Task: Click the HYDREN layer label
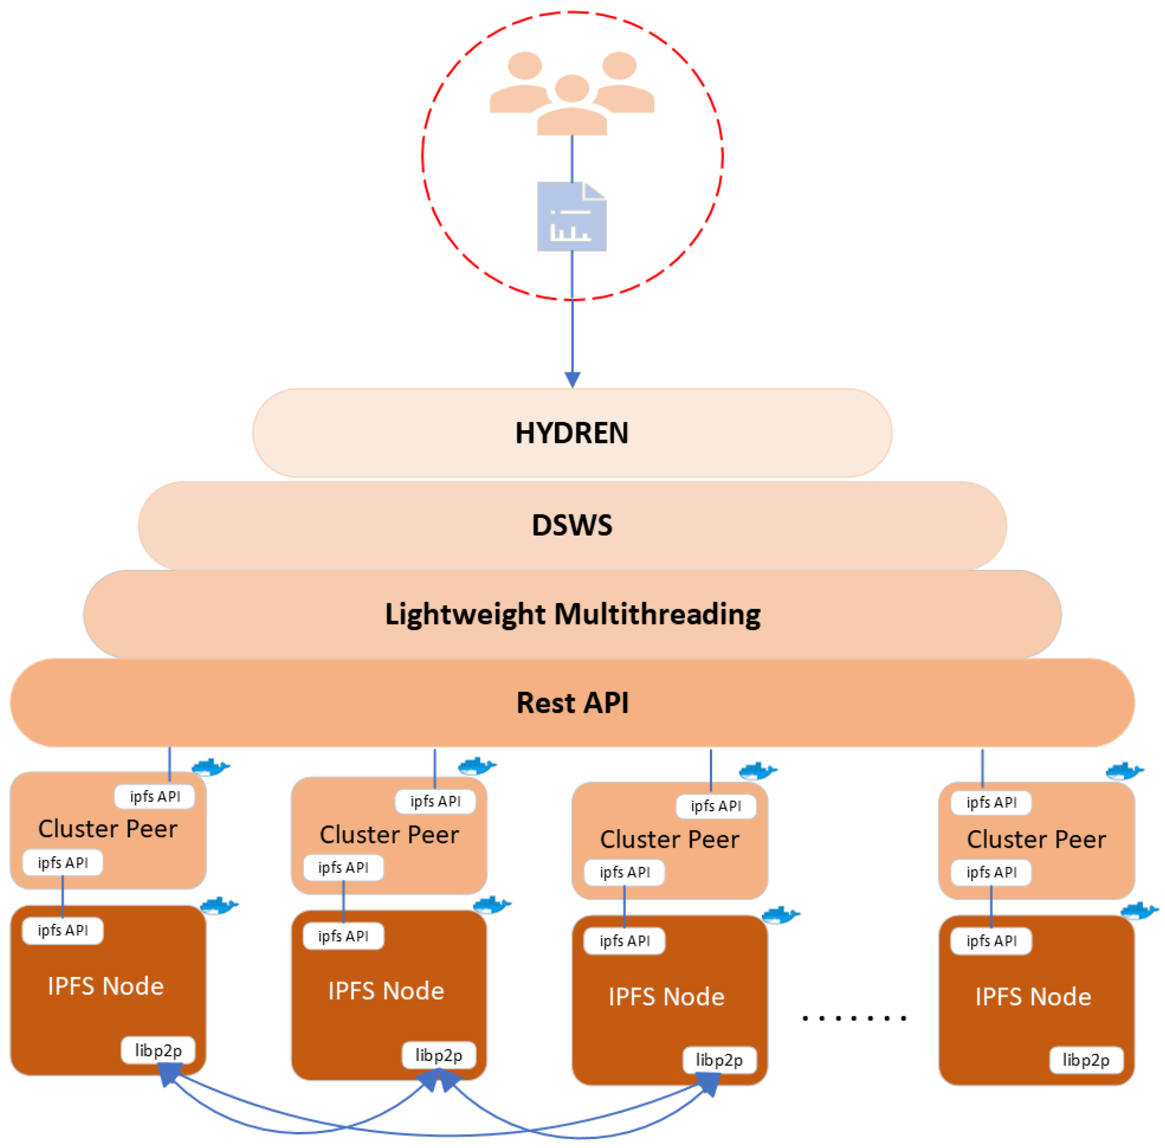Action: click(x=571, y=433)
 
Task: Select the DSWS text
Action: click(x=571, y=525)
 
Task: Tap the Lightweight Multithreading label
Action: click(x=572, y=614)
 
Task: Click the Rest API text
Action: click(x=572, y=703)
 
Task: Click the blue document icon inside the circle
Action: click(x=571, y=217)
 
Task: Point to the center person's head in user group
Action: click(x=571, y=88)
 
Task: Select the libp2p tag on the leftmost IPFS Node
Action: click(x=158, y=1051)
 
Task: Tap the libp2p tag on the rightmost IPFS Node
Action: click(x=1085, y=1060)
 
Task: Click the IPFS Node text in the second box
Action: click(x=386, y=991)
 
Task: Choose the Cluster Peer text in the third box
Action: click(x=669, y=840)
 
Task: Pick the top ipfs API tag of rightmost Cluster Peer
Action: click(x=991, y=802)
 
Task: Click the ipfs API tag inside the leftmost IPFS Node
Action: click(x=63, y=930)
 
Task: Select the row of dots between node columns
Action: click(x=854, y=1018)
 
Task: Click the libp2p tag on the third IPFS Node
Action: click(x=719, y=1060)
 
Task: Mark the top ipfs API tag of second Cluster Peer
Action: click(x=435, y=801)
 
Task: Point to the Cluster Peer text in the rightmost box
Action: click(x=1036, y=840)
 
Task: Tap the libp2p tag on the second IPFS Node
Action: click(x=439, y=1055)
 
